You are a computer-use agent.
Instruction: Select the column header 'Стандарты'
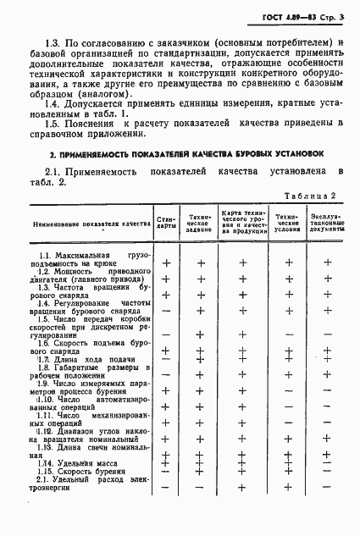point(167,224)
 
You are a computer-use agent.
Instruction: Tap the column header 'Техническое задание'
point(200,224)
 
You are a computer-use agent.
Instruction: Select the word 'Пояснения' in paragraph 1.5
point(90,121)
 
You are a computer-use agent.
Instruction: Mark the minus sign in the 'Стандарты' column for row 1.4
point(166,313)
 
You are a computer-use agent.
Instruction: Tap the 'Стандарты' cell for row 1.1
point(166,262)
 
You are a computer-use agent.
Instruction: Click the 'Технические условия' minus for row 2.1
point(289,489)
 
